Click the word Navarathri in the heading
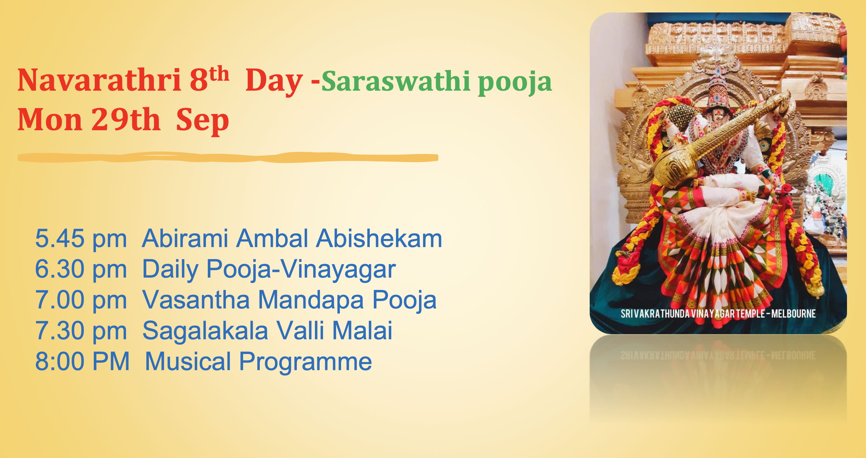click(x=99, y=80)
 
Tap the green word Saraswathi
click(x=396, y=81)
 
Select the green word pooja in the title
click(x=515, y=83)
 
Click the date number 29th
click(x=126, y=119)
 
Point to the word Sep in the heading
click(x=202, y=121)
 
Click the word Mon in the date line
click(x=50, y=119)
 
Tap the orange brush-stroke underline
click(x=228, y=157)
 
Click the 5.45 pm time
click(x=81, y=238)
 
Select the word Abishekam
click(x=379, y=238)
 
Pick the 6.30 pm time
click(x=81, y=269)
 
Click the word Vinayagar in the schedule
click(x=338, y=270)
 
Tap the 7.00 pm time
click(x=81, y=300)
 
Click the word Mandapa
click(x=311, y=300)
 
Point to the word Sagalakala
click(x=205, y=331)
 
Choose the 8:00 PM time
click(x=82, y=361)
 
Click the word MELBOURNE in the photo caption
click(x=793, y=314)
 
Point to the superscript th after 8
click(x=219, y=74)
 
